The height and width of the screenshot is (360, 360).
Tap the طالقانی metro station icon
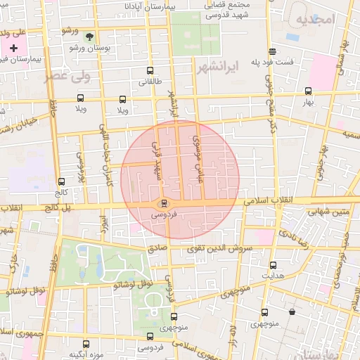click(x=149, y=71)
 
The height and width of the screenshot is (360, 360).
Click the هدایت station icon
click(x=274, y=265)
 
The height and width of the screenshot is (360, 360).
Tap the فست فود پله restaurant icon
click(x=272, y=51)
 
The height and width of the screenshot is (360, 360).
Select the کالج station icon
click(x=61, y=181)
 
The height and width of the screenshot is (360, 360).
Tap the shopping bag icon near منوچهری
click(x=291, y=311)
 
